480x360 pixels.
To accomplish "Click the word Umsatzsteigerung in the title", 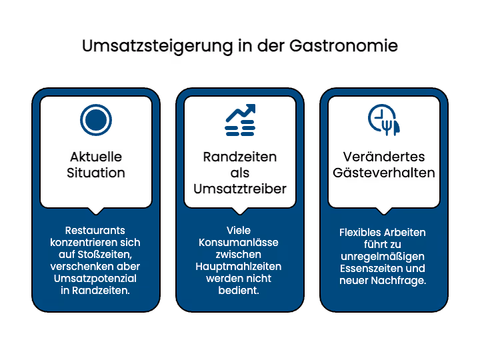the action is pos(157,47).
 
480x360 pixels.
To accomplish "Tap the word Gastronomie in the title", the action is pos(343,46).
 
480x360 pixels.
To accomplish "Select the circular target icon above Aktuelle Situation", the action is pos(96,120).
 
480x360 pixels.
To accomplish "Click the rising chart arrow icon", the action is pos(240,120).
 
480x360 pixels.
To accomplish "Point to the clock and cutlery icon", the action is pos(384,120).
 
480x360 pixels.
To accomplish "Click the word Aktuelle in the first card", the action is pos(96,157).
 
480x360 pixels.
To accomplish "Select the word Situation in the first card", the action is pos(96,173).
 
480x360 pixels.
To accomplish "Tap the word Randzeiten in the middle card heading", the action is pos(240,157).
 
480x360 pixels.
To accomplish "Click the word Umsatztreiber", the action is pos(240,189).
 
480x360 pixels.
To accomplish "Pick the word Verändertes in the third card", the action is pos(384,157).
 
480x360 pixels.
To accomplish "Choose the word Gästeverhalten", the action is pos(384,173).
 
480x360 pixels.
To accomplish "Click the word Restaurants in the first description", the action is pos(95,230).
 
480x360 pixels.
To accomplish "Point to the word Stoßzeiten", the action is pos(105,255).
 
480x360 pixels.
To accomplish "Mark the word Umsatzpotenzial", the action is pos(95,279).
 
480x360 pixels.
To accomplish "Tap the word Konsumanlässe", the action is pos(239,243).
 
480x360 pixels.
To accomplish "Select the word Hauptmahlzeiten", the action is pos(239,267).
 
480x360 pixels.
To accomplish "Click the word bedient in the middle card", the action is pos(239,291).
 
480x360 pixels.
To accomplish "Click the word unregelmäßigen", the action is pos(383,257).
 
